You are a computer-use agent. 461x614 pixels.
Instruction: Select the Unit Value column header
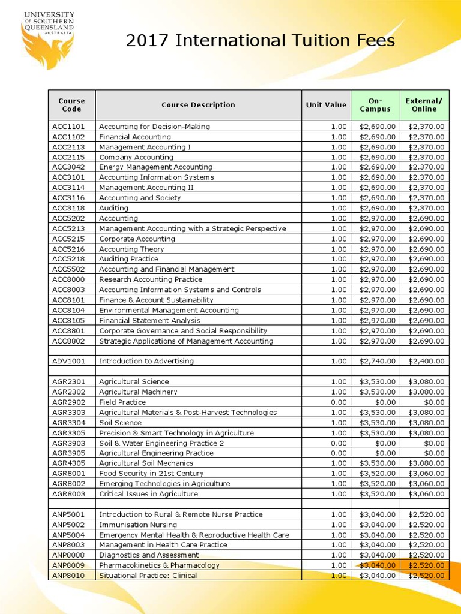pyautogui.click(x=326, y=105)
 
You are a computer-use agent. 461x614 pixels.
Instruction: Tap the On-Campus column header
pyautogui.click(x=375, y=105)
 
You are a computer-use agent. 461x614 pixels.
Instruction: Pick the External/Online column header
pyautogui.click(x=424, y=105)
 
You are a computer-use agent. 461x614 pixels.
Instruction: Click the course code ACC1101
pyautogui.click(x=68, y=127)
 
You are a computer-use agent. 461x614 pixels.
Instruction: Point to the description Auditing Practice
pyautogui.click(x=128, y=259)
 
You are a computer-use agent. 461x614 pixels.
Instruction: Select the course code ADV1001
pyautogui.click(x=68, y=361)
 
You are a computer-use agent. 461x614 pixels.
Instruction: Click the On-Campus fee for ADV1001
pyautogui.click(x=378, y=361)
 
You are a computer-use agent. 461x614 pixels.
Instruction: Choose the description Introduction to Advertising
pyautogui.click(x=146, y=361)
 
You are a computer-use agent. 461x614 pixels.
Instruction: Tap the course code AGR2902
pyautogui.click(x=68, y=402)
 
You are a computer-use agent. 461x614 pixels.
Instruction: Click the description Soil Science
pyautogui.click(x=120, y=423)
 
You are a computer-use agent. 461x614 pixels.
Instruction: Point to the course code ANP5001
pyautogui.click(x=68, y=514)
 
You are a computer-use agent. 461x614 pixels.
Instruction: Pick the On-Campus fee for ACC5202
pyautogui.click(x=378, y=218)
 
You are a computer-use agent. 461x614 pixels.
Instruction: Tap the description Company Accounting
pyautogui.click(x=136, y=157)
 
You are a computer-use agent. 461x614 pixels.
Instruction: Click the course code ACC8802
pyautogui.click(x=68, y=341)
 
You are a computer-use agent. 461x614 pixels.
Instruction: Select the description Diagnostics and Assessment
pyautogui.click(x=148, y=555)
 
